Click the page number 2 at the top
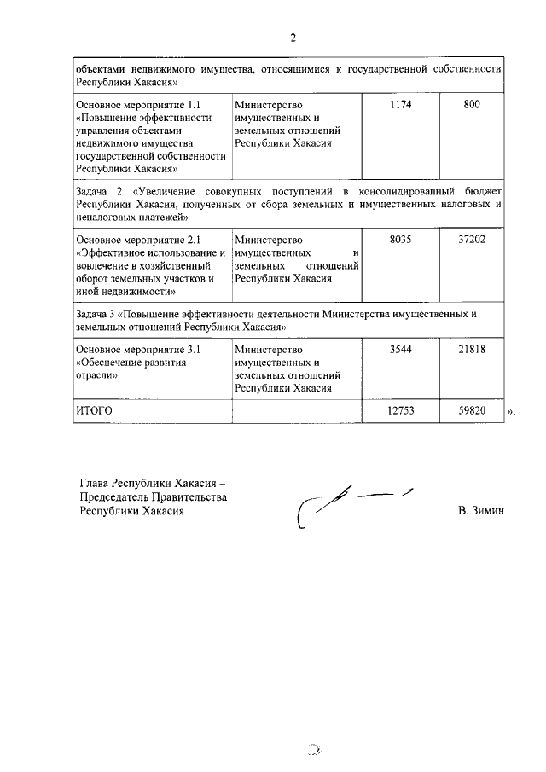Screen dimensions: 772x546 point(293,38)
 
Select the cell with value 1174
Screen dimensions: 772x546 point(400,105)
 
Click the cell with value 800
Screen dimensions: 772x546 point(472,105)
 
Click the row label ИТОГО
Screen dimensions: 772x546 point(95,410)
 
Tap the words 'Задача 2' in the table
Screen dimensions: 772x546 point(100,190)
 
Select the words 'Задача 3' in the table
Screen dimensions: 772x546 point(100,313)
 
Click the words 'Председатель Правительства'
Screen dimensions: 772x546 point(152,497)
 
